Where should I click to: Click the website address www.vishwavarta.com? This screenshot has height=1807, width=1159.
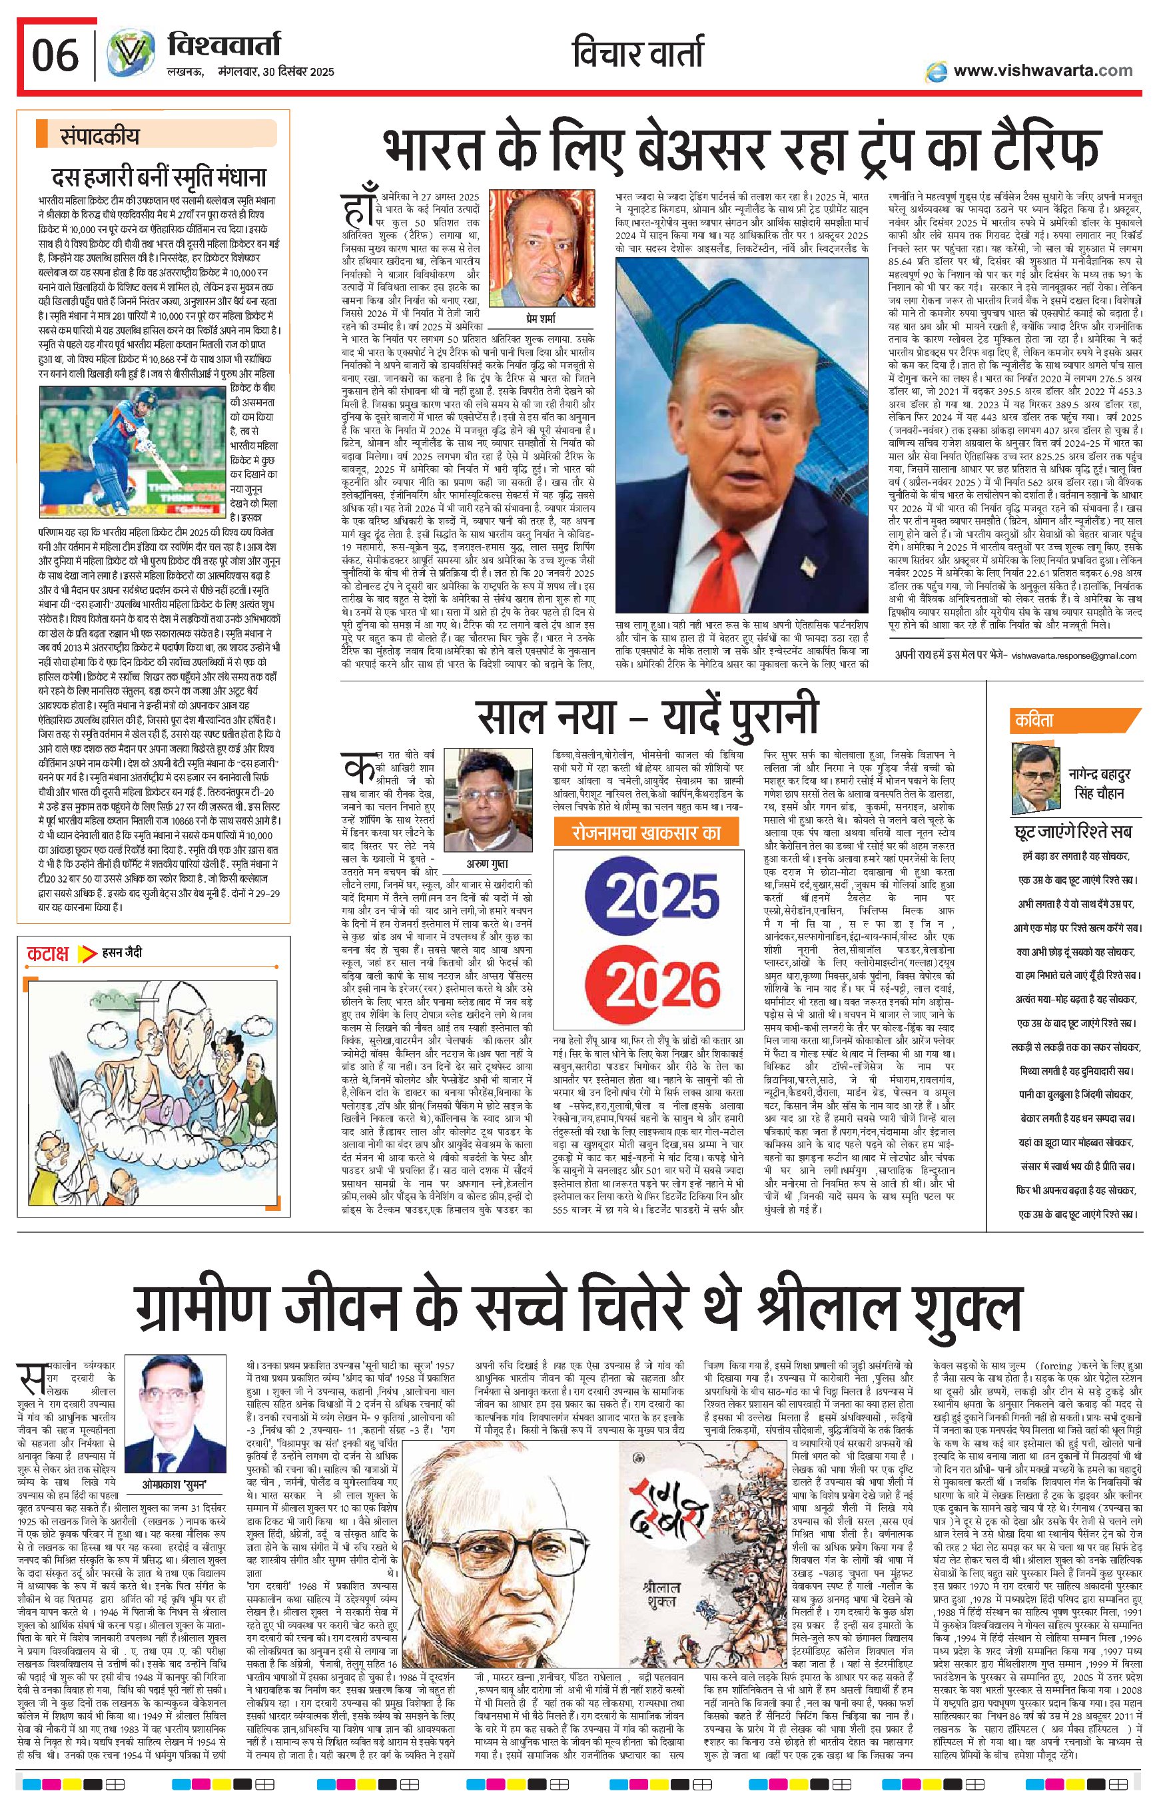[x=1042, y=71]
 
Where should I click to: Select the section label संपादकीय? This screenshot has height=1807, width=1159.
[x=99, y=137]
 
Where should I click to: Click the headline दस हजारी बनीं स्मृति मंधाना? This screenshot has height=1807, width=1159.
[x=158, y=179]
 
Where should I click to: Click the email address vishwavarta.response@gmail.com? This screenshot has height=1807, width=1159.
[x=1074, y=655]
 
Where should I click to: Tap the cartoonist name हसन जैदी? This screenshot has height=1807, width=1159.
[x=122, y=953]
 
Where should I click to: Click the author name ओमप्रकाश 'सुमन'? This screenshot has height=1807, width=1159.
[x=175, y=1485]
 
